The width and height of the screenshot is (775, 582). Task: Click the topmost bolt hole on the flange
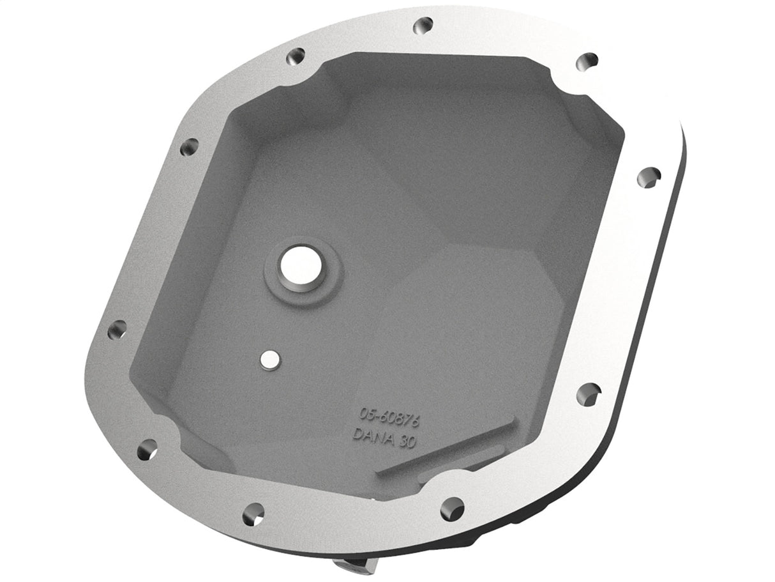(x=423, y=25)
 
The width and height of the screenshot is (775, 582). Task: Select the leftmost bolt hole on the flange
(x=117, y=330)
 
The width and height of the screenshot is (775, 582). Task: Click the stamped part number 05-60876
(x=389, y=417)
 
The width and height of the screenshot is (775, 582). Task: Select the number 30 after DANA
(x=406, y=443)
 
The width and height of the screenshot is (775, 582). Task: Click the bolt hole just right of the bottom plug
(x=452, y=508)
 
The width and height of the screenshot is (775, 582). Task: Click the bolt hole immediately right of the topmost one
(x=587, y=61)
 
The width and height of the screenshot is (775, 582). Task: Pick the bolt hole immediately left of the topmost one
(x=295, y=56)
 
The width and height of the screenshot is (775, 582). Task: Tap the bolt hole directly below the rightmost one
(x=588, y=394)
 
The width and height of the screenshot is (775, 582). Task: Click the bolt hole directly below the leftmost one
(x=147, y=448)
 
